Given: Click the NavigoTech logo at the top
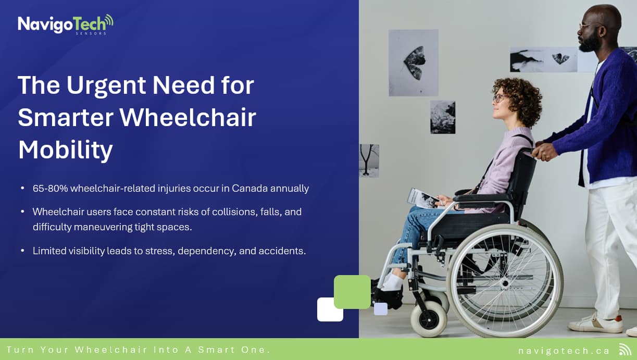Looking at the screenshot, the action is pyautogui.click(x=66, y=24).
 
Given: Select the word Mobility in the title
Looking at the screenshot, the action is pyautogui.click(x=66, y=150).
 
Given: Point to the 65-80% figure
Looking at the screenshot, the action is pyautogui.click(x=51, y=188).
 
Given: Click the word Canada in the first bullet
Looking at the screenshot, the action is pyautogui.click(x=249, y=188).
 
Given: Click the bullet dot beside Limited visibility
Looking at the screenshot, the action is pyautogui.click(x=22, y=251).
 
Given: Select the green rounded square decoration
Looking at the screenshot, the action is pyautogui.click(x=352, y=292).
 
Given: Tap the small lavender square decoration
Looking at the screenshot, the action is pyautogui.click(x=381, y=309).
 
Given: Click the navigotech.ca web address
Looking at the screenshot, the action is pyautogui.click(x=564, y=351).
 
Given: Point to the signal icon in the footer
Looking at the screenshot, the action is pyautogui.click(x=625, y=350).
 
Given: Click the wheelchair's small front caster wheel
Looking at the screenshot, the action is pyautogui.click(x=429, y=319).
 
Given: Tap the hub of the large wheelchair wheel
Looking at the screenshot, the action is pyautogui.click(x=505, y=283).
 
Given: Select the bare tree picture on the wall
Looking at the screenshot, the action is pyautogui.click(x=369, y=161).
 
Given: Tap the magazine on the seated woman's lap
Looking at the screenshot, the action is pyautogui.click(x=422, y=198).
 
